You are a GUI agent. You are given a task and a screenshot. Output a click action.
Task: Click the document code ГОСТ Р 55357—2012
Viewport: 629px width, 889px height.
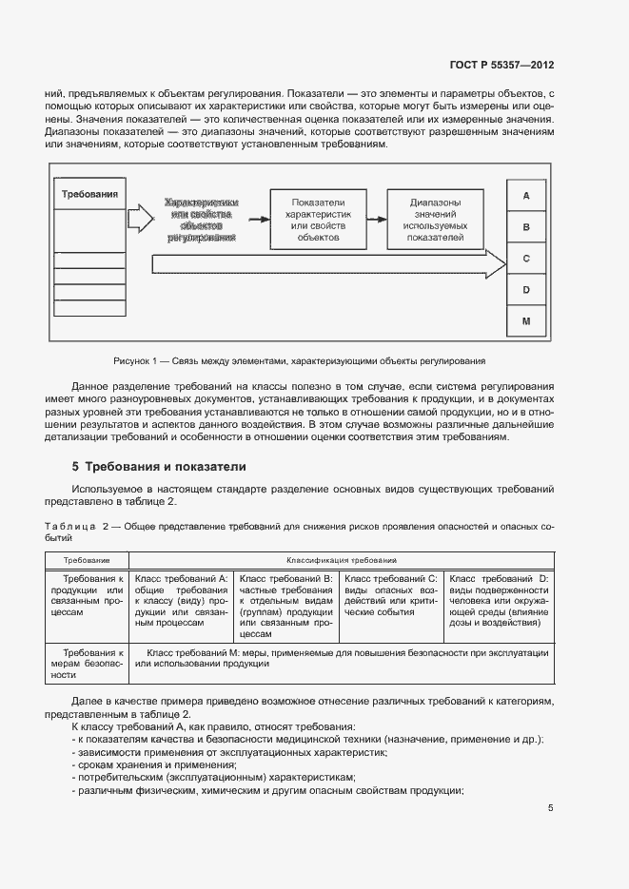501,65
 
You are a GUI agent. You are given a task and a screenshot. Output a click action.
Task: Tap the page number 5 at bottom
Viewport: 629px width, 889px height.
551,808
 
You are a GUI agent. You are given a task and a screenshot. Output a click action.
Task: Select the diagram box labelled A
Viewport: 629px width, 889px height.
526,195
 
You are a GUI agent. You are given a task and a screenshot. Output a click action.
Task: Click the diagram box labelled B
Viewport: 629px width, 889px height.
526,227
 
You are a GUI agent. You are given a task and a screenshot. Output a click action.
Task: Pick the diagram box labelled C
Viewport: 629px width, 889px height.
526,259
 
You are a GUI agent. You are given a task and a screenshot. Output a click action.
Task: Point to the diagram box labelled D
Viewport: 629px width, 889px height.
526,290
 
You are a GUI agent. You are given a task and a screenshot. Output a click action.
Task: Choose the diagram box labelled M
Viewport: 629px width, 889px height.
526,322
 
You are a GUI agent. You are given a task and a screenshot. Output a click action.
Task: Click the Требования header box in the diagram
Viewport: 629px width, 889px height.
89,195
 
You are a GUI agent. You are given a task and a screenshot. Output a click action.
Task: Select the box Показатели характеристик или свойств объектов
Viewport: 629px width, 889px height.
319,219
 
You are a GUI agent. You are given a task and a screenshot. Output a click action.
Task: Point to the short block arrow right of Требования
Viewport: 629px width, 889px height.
140,218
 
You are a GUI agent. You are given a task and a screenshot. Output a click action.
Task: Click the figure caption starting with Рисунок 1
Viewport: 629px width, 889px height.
299,361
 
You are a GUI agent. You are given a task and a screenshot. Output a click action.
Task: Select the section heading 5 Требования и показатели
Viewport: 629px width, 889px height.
159,467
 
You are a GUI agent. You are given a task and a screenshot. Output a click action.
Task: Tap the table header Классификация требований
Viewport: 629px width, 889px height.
341,561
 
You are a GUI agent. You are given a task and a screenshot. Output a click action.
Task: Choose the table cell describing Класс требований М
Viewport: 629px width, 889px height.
341,659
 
